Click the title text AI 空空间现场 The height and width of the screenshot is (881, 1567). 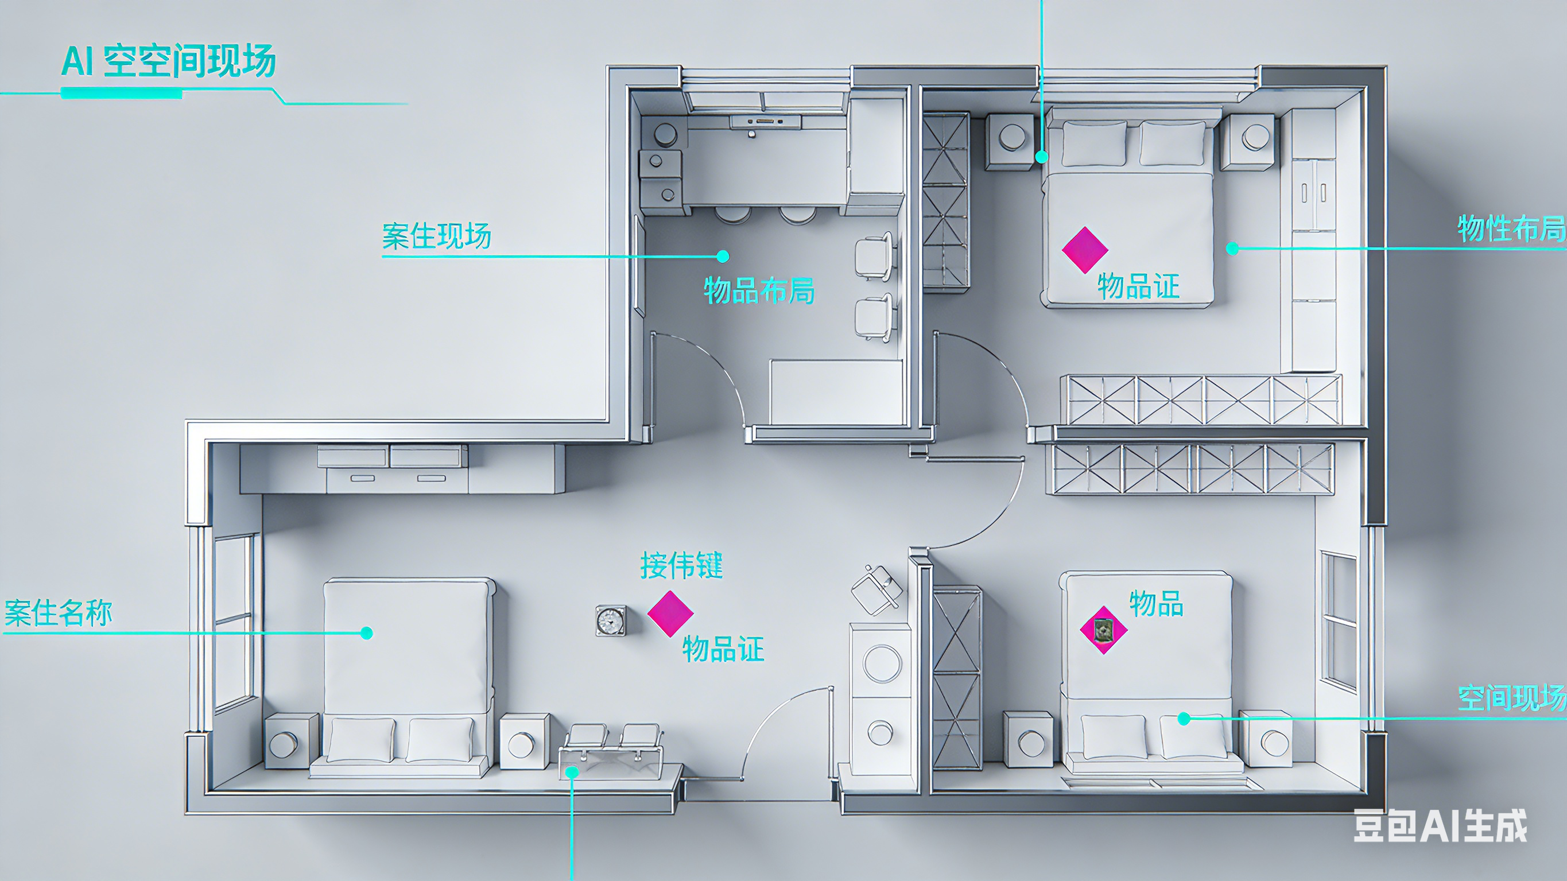tap(169, 61)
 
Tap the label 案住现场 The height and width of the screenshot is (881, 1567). tap(436, 236)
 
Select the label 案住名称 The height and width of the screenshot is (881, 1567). tap(59, 613)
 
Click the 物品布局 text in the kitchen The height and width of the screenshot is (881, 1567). tap(759, 290)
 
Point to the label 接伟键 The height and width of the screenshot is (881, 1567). tap(681, 566)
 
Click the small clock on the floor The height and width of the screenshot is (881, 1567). tap(610, 620)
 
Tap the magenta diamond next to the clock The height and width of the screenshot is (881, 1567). tap(670, 614)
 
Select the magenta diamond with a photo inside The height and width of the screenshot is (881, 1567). tap(1103, 630)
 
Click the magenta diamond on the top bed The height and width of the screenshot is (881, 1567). tap(1085, 250)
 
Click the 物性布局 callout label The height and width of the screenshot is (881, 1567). tap(1511, 229)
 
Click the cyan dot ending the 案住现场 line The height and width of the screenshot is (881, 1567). tap(723, 256)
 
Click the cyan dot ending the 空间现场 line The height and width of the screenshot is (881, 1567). tap(1184, 719)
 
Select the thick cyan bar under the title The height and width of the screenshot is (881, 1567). tap(121, 93)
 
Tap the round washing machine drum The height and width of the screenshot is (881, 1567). tap(882, 663)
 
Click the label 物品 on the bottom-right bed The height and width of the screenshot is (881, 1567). tap(1156, 604)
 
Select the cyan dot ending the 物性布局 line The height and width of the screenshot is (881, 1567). tap(1232, 249)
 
